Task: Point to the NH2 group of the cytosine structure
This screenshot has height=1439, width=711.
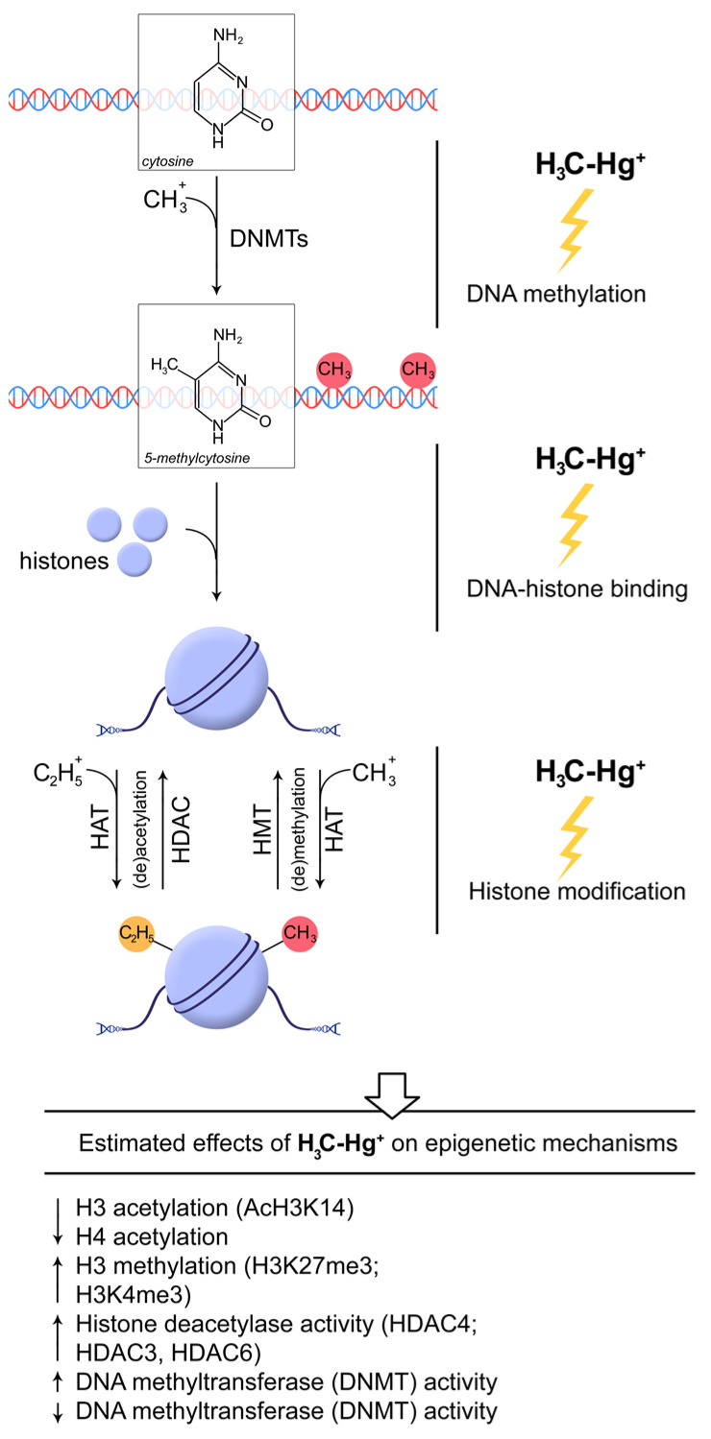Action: tap(228, 37)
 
